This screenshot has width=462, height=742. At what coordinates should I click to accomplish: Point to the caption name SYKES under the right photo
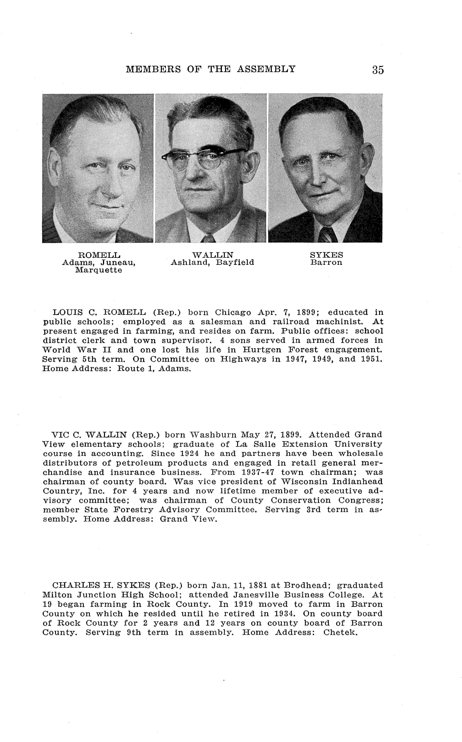(326, 255)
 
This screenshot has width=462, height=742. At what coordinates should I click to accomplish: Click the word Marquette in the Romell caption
(99, 270)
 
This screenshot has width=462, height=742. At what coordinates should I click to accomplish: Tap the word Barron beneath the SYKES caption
(326, 263)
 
